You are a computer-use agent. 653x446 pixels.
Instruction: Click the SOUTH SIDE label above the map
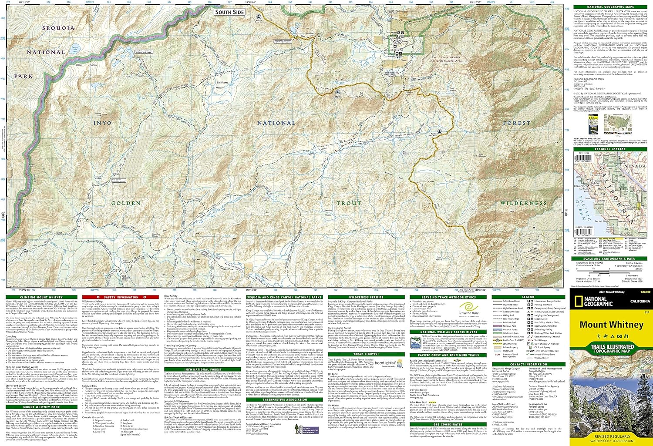point(229,12)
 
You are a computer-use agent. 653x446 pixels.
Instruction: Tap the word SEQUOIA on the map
point(58,28)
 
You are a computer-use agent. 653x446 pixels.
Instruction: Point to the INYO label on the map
point(102,123)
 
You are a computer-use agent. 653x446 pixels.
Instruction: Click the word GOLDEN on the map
point(126,203)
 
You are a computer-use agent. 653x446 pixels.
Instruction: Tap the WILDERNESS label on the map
point(523,203)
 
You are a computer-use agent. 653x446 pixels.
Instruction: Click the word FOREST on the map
point(517,123)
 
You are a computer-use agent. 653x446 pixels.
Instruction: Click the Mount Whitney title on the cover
point(611,325)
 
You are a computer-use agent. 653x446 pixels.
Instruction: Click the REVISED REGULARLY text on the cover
point(612,436)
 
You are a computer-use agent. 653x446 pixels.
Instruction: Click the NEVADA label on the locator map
point(635,166)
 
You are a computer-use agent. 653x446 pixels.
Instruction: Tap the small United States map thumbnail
point(619,124)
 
